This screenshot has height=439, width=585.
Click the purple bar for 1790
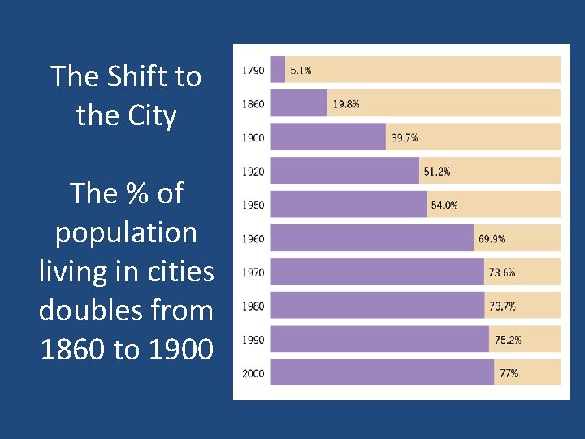pos(277,70)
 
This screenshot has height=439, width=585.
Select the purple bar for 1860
pos(298,103)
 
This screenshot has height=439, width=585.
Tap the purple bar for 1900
pos(327,137)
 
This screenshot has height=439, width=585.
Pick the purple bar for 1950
pos(348,205)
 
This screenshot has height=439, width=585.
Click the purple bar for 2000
pos(381,373)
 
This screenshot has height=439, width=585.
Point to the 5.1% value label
pos(301,71)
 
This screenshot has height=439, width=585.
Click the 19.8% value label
pos(346,104)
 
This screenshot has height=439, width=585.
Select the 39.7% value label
pos(405,138)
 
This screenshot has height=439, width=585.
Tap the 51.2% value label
pos(437,172)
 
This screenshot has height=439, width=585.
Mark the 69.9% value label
pos(492,239)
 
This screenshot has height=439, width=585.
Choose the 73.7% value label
pos(502,306)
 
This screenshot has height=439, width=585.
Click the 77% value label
pos(509,374)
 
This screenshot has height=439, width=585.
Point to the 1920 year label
pos(253,172)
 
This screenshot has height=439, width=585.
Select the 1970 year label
pos(253,272)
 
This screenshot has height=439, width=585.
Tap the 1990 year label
pos(253,340)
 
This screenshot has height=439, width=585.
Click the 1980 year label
pos(253,306)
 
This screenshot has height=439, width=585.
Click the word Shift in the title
pos(126,76)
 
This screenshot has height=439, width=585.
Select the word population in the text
pos(126,233)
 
